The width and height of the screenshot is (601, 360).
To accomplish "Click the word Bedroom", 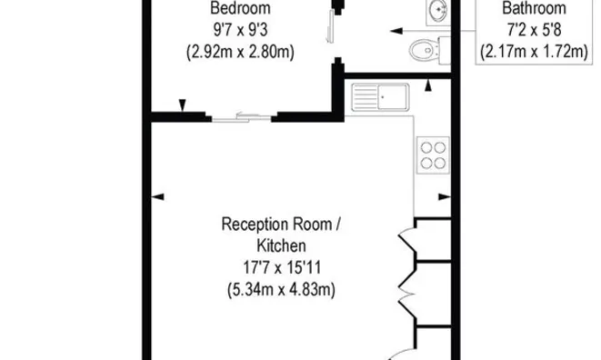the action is click(240, 8).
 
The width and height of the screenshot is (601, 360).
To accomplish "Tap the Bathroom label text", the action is click(534, 8).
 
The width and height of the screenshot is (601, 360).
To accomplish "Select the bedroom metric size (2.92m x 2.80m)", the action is click(240, 52).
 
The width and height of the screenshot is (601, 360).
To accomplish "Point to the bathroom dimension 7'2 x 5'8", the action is click(534, 30).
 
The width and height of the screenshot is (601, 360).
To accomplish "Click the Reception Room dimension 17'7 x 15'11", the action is click(282, 267).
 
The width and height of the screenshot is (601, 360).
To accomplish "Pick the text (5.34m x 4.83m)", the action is click(281, 289).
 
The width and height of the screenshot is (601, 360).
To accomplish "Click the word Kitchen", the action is click(281, 245).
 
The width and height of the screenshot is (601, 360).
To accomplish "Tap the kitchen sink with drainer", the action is click(380, 97).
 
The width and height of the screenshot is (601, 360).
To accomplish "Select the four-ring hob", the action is click(433, 155).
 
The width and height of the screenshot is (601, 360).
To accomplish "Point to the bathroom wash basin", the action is click(438, 12).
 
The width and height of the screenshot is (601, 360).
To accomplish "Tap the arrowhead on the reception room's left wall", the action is click(158, 196).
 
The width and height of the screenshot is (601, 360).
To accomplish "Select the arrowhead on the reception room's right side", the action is click(445, 196).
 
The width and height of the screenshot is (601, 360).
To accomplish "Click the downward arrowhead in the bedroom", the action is click(183, 105).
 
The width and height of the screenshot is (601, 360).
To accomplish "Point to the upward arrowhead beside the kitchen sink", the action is click(428, 85).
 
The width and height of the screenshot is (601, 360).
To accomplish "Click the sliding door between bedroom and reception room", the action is click(242, 117).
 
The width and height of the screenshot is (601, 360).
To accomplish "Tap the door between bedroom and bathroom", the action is click(331, 27).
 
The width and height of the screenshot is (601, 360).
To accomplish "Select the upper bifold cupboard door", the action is click(408, 240).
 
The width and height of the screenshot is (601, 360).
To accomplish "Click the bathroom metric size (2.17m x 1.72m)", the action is click(534, 52).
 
